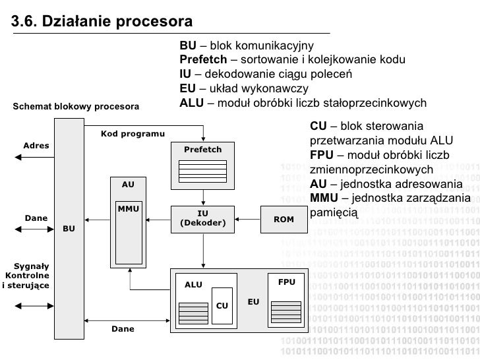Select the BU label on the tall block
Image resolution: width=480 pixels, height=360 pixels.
point(69,229)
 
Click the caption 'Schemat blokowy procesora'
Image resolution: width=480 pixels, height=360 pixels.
point(76,106)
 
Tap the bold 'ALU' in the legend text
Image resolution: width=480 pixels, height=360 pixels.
point(191,104)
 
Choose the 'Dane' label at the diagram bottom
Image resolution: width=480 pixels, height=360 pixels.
point(123,328)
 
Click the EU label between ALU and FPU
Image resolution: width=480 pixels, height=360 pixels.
point(253,302)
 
